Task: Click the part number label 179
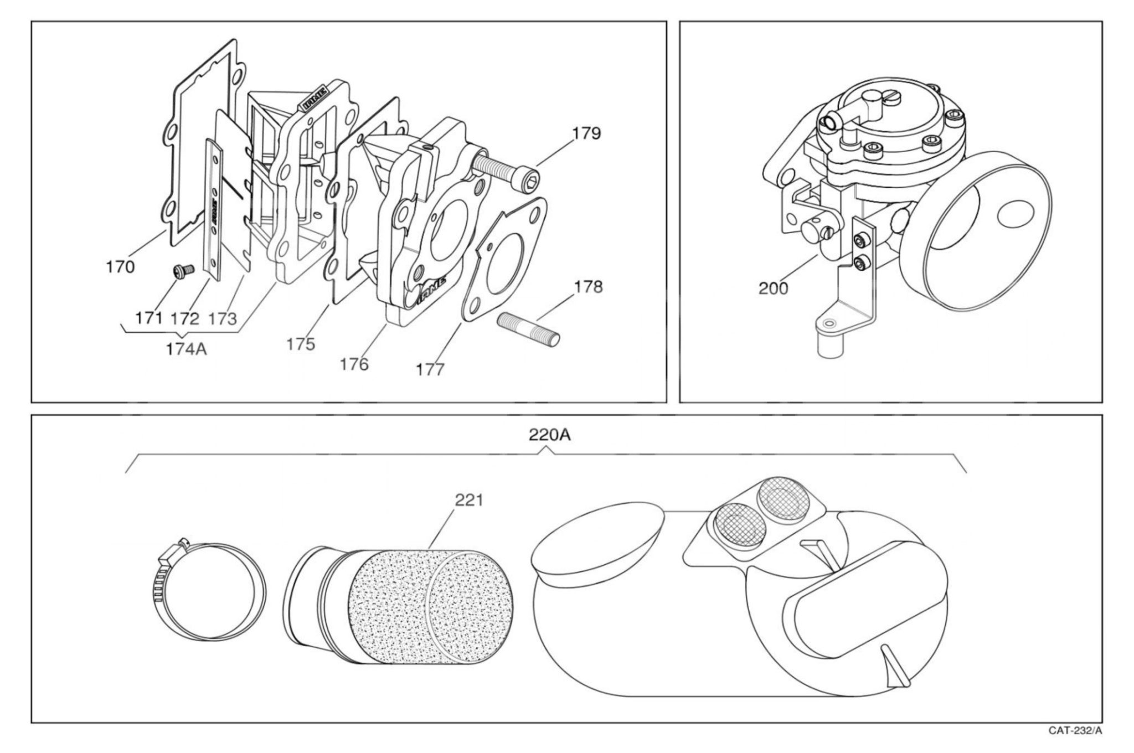click(x=586, y=133)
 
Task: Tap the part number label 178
click(x=588, y=287)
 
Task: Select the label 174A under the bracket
click(x=186, y=350)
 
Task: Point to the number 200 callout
click(x=773, y=288)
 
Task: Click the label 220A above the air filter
click(x=549, y=435)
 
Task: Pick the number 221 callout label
click(x=469, y=501)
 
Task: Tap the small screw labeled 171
click(x=180, y=270)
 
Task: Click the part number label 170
click(x=120, y=267)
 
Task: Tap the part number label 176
click(x=354, y=364)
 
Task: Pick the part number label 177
click(x=430, y=369)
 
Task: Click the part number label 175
click(x=301, y=344)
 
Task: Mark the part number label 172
click(x=184, y=318)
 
